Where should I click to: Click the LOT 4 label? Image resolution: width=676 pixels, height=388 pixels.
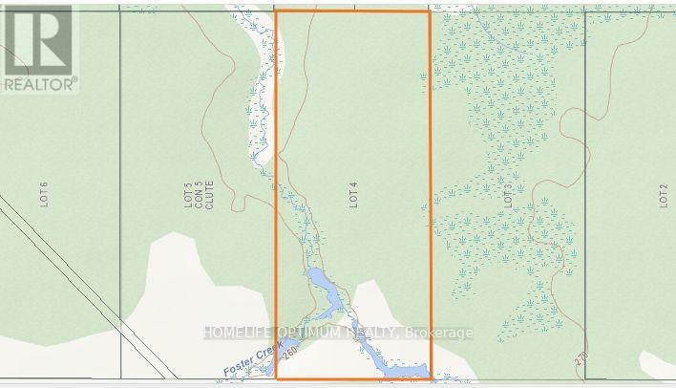(x=352, y=196)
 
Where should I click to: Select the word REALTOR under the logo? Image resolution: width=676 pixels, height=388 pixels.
(x=38, y=85)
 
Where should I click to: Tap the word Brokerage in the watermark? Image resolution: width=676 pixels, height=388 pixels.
(x=439, y=334)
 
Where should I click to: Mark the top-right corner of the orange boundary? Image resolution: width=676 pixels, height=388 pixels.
(x=430, y=11)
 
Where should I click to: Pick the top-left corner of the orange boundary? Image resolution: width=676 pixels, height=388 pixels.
(x=276, y=11)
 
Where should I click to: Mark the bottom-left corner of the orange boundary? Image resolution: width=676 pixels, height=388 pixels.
(x=276, y=379)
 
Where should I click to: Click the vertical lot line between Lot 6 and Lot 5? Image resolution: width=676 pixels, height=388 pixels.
(x=120, y=191)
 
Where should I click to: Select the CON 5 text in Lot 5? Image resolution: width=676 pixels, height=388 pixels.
(x=201, y=196)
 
